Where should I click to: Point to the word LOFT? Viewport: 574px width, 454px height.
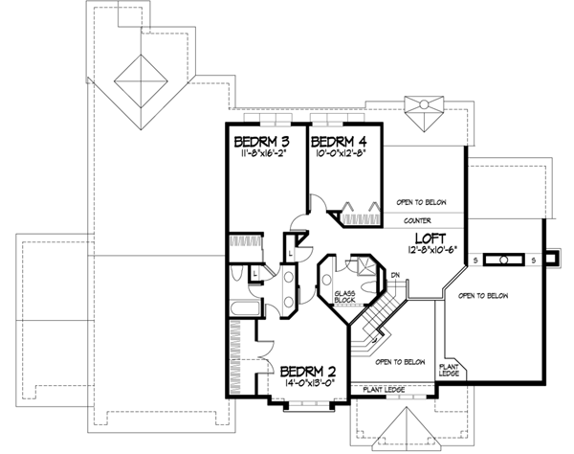[429, 239]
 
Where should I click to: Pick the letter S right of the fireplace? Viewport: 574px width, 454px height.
[534, 259]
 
